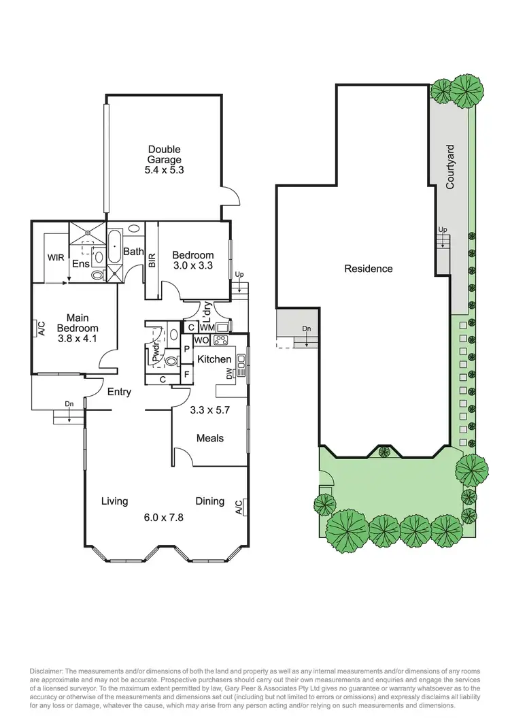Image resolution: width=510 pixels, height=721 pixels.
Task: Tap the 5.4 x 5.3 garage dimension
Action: [x=163, y=171]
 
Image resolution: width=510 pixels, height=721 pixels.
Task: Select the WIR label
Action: [x=55, y=258]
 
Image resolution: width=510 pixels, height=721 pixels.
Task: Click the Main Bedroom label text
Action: [x=82, y=322]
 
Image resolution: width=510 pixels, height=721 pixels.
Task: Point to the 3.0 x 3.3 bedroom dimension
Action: [x=192, y=266]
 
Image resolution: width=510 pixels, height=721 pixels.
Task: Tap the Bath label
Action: [x=134, y=252]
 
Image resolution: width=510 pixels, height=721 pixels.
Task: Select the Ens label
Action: [x=81, y=263]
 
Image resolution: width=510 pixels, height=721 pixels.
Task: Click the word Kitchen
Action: [x=215, y=359]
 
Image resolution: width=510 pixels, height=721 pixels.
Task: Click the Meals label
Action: [x=210, y=438]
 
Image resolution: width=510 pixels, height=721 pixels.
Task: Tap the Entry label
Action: [x=119, y=392]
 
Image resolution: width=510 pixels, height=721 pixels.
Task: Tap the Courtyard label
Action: [x=450, y=166]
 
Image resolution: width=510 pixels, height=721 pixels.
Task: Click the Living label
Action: [x=114, y=501]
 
